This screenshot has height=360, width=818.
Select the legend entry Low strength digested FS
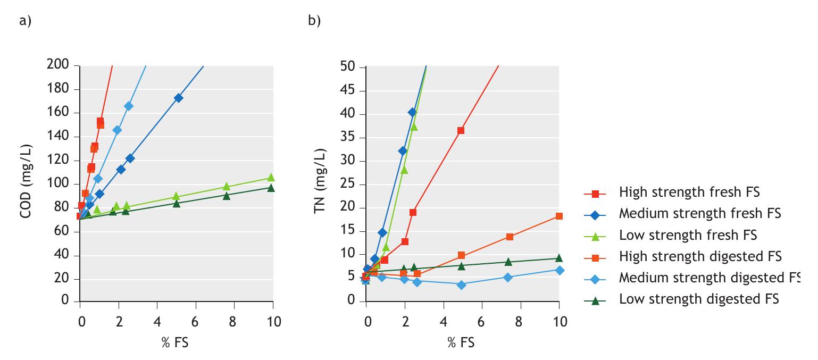pos(699,299)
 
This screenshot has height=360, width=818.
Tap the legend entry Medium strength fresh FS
pos(700,214)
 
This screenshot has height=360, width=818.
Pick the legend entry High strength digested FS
pos(700,257)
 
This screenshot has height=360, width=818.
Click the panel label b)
pos(314,21)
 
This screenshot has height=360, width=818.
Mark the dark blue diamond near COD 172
pos(178,98)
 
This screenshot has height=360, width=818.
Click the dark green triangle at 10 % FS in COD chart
pos(271,188)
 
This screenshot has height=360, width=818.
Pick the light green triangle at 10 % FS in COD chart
pos(271,178)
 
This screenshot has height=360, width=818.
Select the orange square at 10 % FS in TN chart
pos(559,216)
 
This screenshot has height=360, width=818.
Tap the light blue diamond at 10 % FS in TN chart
pos(559,270)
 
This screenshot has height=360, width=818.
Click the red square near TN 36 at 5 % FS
pos(461,130)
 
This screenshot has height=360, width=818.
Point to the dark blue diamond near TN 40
pos(412,112)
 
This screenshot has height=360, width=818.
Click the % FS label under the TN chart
pos(461,343)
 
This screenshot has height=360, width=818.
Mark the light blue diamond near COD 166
pos(128,106)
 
